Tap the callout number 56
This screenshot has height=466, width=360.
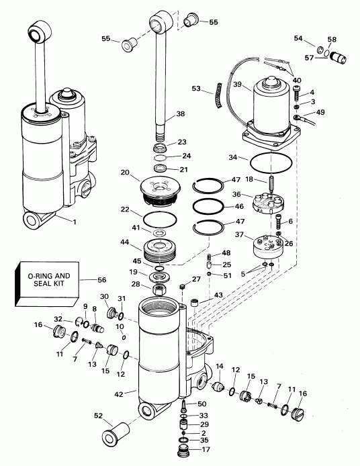[101, 280]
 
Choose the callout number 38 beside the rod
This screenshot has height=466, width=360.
[180, 115]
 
